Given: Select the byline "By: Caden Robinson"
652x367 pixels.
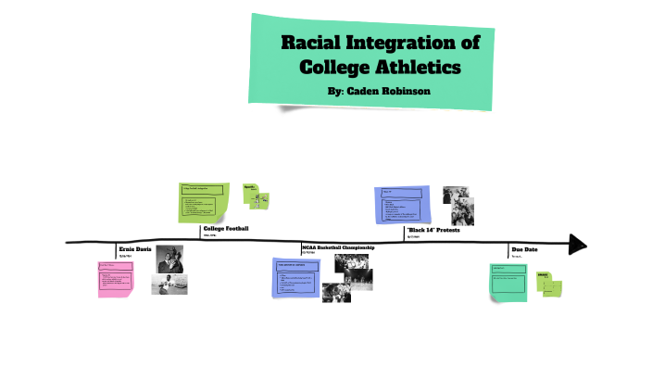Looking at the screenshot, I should click(378, 92).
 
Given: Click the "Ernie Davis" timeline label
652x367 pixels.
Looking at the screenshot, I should click(134, 250).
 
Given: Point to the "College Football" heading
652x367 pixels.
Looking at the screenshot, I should click(226, 228).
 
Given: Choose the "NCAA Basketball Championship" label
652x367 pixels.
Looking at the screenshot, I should click(338, 248).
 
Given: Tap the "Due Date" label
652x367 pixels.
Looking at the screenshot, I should click(524, 249).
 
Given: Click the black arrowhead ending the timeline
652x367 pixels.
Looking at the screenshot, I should click(578, 244).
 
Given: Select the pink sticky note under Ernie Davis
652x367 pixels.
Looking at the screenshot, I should click(116, 279).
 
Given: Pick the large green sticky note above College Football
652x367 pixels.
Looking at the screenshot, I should click(204, 203).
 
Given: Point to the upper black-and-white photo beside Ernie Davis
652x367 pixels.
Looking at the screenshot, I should click(169, 259).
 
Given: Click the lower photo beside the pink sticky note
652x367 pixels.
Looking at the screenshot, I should click(169, 285).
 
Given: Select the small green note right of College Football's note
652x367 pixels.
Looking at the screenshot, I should click(256, 196).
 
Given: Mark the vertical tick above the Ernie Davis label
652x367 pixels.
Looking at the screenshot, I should click(116, 248).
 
